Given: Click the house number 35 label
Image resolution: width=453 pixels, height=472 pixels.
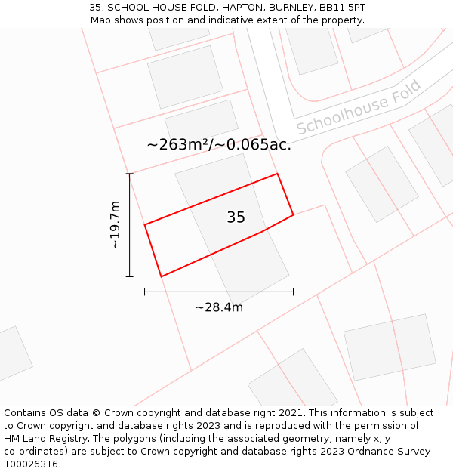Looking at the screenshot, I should pos(236,217).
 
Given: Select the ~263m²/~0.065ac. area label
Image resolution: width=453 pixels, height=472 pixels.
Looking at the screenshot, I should pos(219,144).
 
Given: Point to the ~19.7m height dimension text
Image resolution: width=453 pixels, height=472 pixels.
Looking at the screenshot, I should pos(115,225).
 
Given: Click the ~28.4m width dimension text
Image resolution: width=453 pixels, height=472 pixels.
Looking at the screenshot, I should pos(219,307).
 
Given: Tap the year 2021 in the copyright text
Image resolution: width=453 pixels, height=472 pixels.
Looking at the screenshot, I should pos(291,413).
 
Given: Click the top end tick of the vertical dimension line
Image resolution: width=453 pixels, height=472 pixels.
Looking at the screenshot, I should pos(130,174).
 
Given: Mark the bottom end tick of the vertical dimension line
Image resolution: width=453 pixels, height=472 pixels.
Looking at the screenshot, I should pos(130,276).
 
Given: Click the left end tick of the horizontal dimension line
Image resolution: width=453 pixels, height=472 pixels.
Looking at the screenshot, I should pos(145,292).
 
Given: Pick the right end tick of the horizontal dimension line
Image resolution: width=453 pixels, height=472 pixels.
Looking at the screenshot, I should pos(293,292).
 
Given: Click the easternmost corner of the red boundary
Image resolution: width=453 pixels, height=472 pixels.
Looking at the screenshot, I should pos(293,215).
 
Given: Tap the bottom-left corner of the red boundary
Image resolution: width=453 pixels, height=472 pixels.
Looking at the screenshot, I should pos(161,276).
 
